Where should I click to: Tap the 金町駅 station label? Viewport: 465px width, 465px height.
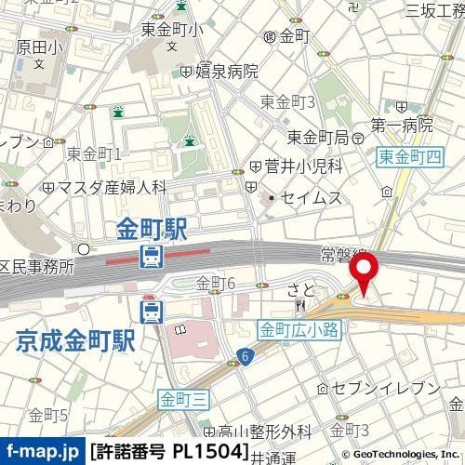point(153,229)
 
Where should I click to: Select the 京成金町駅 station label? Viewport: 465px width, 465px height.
point(75,340)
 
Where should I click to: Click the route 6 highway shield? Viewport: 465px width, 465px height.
point(244,354)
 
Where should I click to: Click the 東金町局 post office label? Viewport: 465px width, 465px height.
point(317,137)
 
